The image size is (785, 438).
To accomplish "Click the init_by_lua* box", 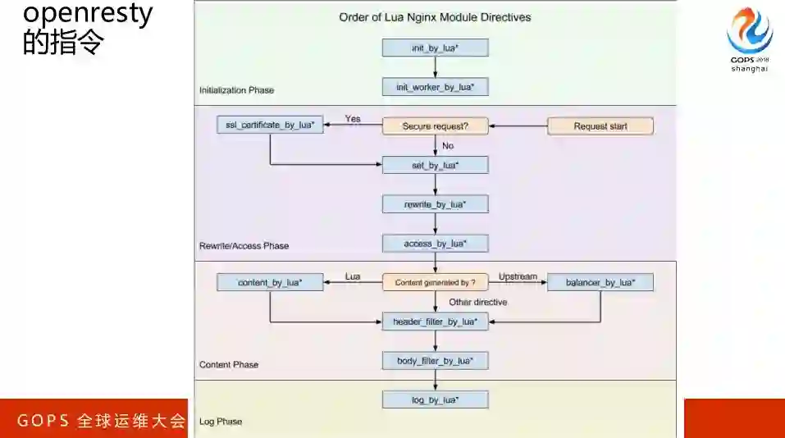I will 435,48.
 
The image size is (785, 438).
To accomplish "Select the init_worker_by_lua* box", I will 435,87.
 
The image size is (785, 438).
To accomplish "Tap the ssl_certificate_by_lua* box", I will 270,125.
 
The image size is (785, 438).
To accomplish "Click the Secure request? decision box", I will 435,125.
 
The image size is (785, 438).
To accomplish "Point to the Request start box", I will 600,125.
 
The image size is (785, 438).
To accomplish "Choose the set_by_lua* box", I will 435,165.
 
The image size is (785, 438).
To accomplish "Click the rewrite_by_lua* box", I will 435,203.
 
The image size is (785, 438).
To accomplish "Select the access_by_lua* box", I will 435,243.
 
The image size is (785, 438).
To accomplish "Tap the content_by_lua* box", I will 270,282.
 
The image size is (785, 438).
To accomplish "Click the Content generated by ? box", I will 435,282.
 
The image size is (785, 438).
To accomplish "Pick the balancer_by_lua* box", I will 600,282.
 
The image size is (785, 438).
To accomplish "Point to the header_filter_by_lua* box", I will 435,322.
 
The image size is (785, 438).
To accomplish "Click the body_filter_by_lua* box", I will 435,360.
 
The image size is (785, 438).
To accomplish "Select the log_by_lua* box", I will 435,399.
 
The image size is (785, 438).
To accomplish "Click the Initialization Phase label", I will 236,89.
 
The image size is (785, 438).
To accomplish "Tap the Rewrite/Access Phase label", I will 244,245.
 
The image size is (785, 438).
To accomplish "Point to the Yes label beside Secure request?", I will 353,119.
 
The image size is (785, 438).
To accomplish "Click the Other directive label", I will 477,302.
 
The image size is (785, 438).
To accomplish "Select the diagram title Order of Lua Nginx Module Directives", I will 435,17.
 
